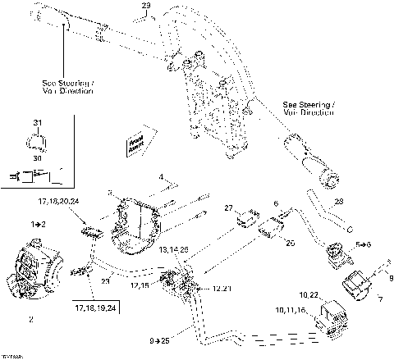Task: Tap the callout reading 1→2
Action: click(x=38, y=223)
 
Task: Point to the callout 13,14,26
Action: click(x=174, y=248)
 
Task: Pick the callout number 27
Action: click(x=230, y=207)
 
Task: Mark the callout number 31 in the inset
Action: click(x=36, y=124)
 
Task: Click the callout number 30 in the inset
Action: click(x=36, y=150)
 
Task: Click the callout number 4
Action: click(x=162, y=175)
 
